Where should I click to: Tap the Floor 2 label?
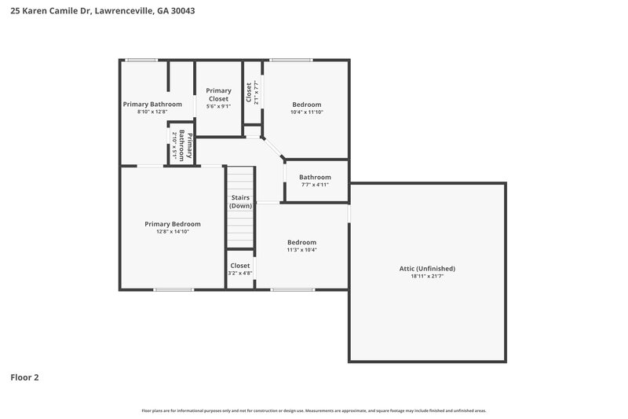[24, 377]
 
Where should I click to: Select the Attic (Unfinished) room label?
[427, 269]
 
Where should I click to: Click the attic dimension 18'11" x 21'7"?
[427, 277]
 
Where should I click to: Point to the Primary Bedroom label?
[173, 224]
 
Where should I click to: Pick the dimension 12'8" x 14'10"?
[173, 232]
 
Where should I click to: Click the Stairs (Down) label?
[240, 201]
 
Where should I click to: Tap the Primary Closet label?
[218, 95]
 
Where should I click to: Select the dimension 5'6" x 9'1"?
[218, 106]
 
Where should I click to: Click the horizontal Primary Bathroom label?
[152, 104]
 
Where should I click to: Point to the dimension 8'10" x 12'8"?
[152, 112]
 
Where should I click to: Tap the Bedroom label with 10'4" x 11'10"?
[307, 104]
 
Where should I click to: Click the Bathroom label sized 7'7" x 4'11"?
[315, 177]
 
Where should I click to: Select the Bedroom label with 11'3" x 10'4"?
[301, 242]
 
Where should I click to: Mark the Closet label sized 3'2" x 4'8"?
[240, 266]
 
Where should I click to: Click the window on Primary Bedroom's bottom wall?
[173, 289]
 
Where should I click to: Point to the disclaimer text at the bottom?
[314, 410]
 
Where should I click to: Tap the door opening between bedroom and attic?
[349, 212]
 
